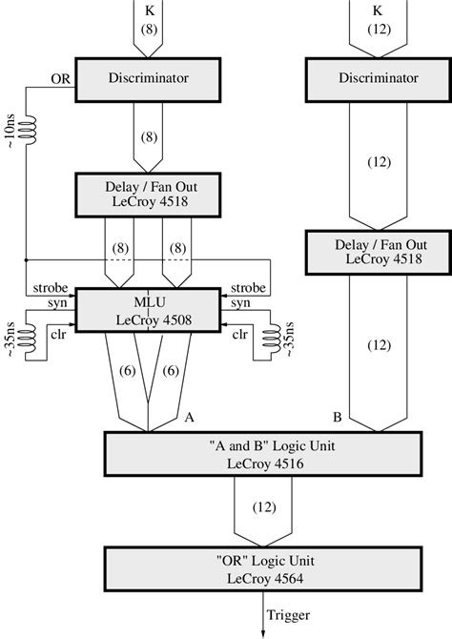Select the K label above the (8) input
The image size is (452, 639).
point(150,11)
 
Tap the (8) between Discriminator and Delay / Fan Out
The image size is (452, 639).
point(150,136)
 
